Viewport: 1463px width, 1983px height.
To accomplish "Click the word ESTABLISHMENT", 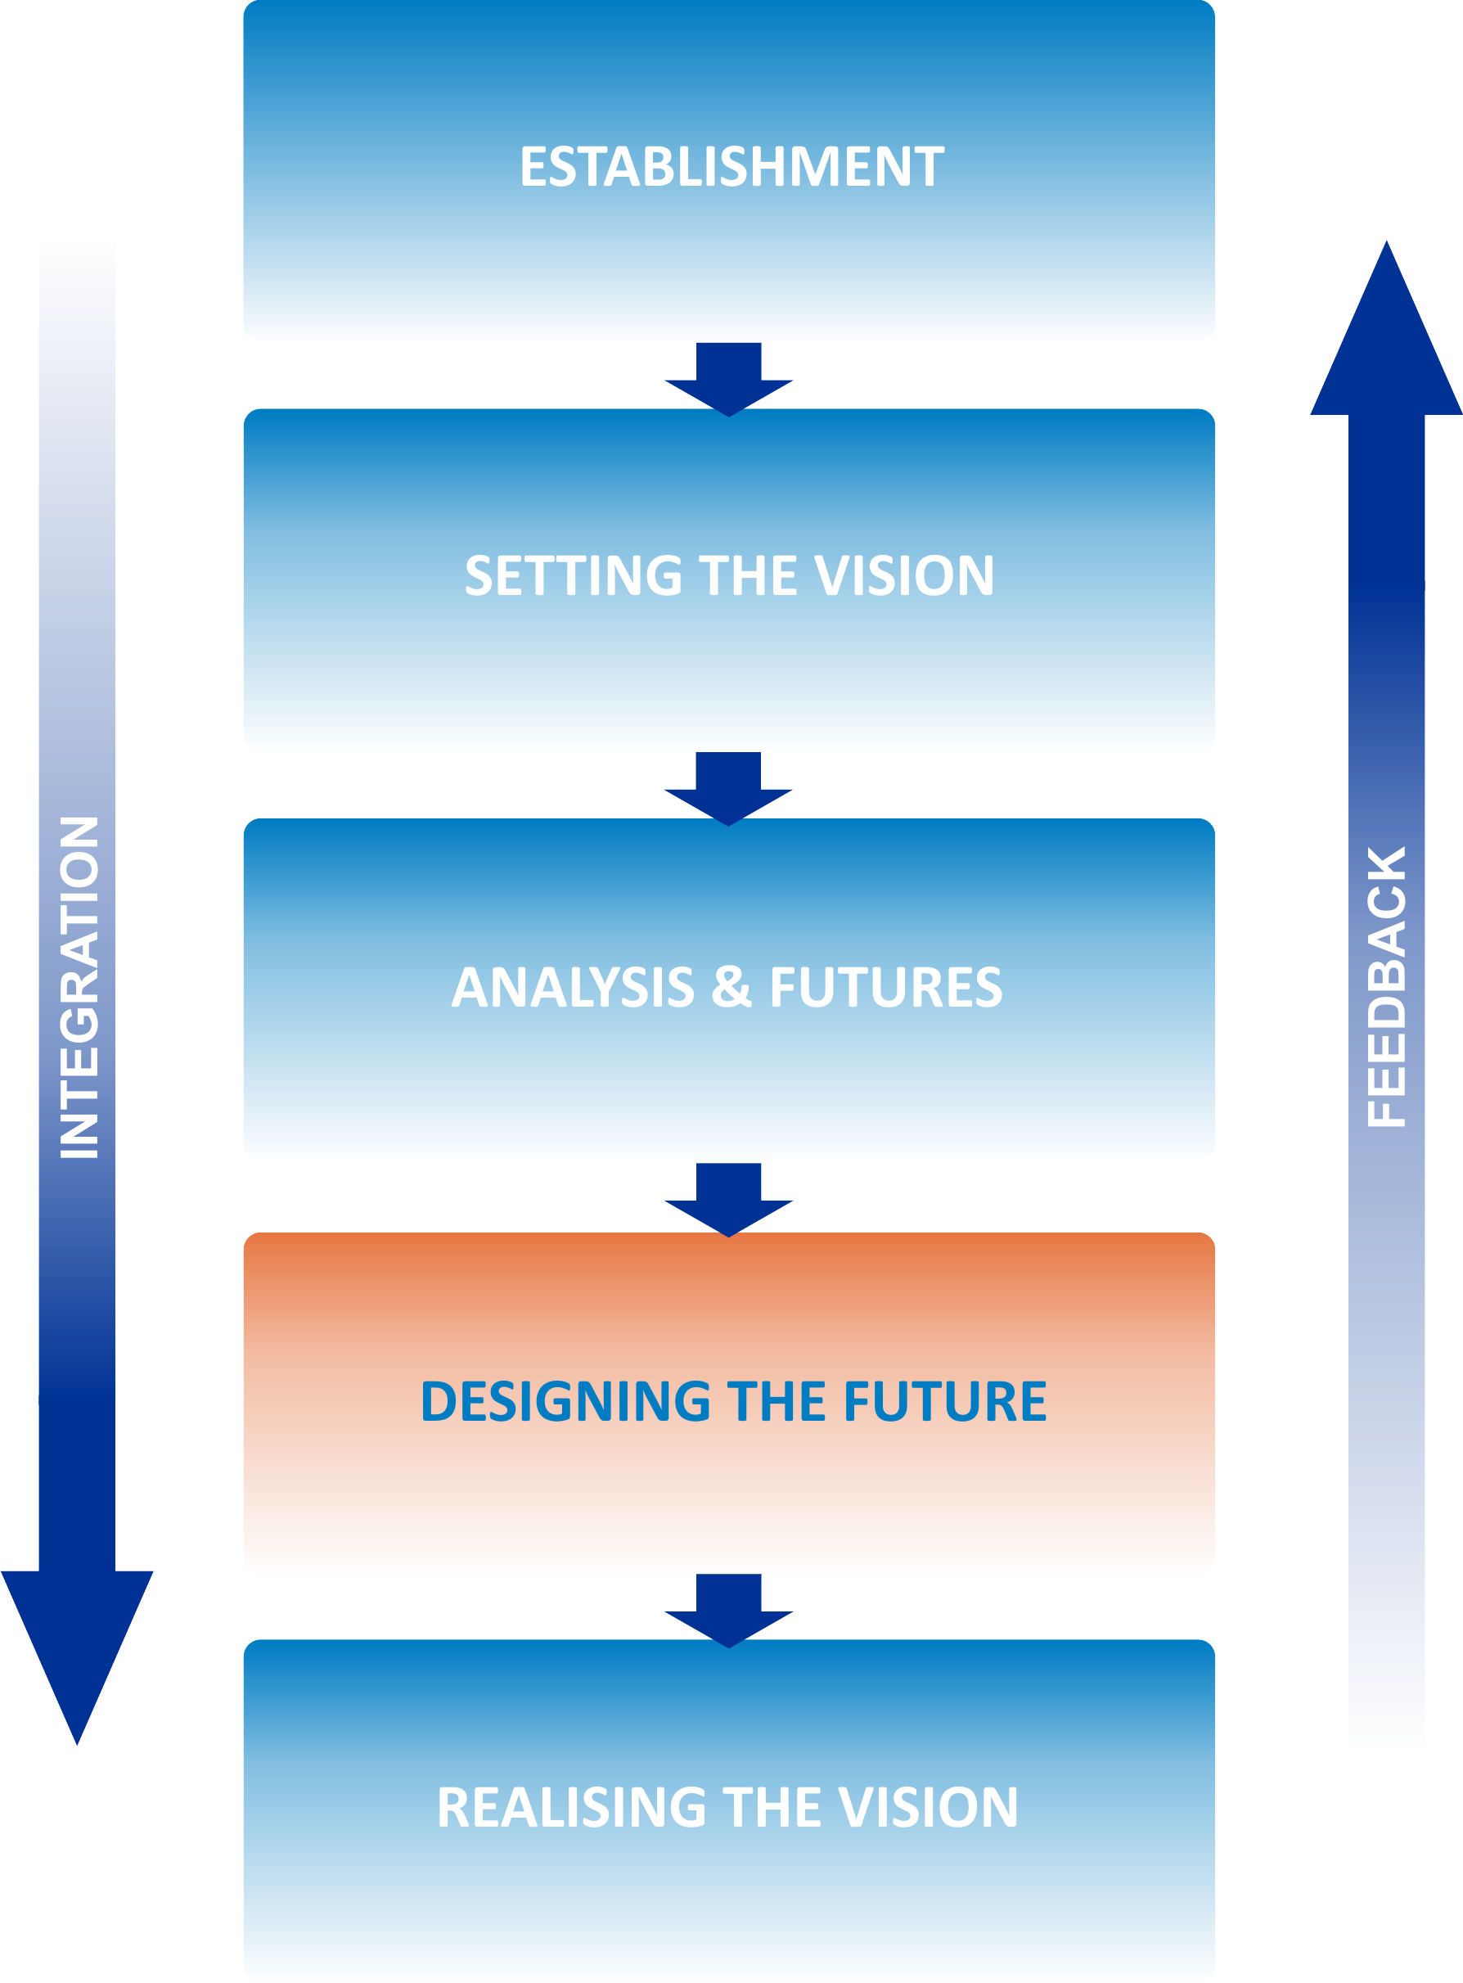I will pyautogui.click(x=731, y=166).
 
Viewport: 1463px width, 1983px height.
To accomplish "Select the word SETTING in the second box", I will pyautogui.click(x=573, y=575).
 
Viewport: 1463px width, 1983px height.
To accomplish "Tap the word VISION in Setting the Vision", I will pyautogui.click(x=903, y=575).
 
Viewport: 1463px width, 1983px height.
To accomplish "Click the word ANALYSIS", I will pyautogui.click(x=573, y=987).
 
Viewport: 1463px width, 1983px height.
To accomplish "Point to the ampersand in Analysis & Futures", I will pyautogui.click(x=731, y=987).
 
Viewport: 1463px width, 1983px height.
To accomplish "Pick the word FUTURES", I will pyautogui.click(x=885, y=987).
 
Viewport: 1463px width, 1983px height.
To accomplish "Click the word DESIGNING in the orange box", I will pyautogui.click(x=565, y=1401).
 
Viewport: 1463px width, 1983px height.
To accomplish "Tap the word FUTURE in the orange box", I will pyautogui.click(x=945, y=1401).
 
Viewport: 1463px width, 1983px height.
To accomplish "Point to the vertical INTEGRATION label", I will pyautogui.click(x=79, y=988).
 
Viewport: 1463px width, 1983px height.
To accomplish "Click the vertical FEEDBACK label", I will pyautogui.click(x=1386, y=987).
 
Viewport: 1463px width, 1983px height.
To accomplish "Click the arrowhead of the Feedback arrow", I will pyautogui.click(x=1386, y=336).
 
